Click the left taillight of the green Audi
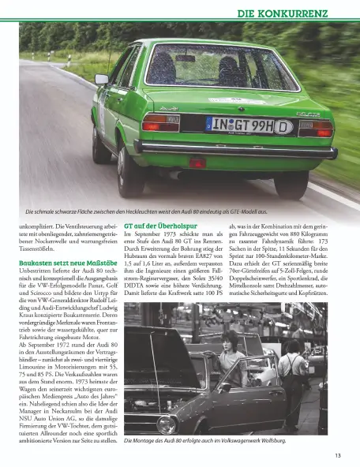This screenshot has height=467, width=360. [x=161, y=121]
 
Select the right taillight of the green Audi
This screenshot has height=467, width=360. [x=315, y=128]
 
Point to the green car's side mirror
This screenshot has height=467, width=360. [x=102, y=79]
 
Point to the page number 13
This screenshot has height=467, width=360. [x=337, y=455]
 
